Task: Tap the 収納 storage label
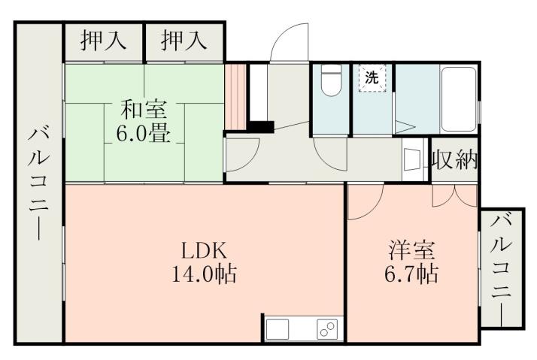click(455, 159)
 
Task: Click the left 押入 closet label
click(104, 41)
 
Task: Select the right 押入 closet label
click(184, 41)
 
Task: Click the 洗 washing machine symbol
click(371, 77)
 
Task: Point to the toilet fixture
click(331, 82)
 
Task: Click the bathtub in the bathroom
click(459, 95)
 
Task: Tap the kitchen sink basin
click(277, 329)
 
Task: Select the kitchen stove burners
click(327, 329)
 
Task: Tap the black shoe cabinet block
click(261, 127)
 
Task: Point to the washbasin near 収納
click(412, 159)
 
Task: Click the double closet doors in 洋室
click(454, 195)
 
